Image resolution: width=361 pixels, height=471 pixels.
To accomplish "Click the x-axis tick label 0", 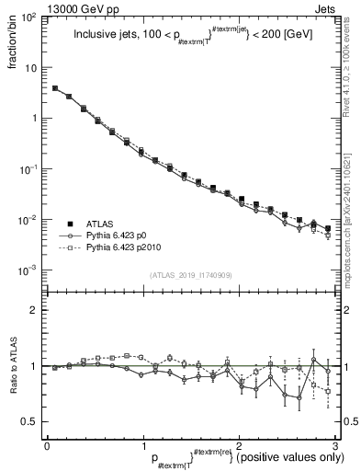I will [x=47, y=445].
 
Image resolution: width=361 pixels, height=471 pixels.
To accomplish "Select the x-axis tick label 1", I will [x=142, y=445].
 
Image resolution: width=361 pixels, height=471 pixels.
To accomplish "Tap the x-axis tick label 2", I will [x=238, y=445].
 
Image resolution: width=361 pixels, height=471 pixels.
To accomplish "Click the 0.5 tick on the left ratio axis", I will [x=32, y=421].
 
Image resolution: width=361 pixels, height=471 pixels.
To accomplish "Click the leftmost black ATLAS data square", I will [x=55, y=88].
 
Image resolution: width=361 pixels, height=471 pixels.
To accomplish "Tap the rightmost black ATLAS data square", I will [x=328, y=228].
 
